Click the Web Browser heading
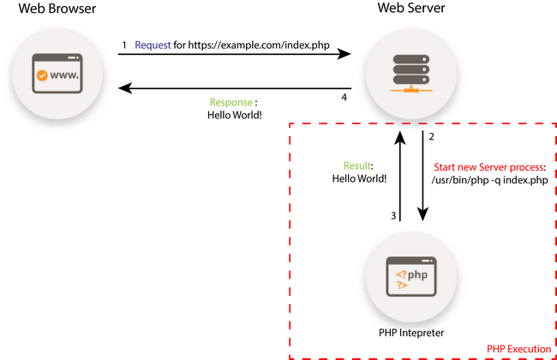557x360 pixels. pos(57,9)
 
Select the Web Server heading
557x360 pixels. pos(411,8)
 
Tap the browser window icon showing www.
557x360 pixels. pos(57,74)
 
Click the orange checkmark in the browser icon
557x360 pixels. pos(42,75)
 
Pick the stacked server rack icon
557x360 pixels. pos(411,73)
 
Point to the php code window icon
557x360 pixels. pos(411,277)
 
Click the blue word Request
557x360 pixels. pos(153,45)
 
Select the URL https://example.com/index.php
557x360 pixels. pos(259,45)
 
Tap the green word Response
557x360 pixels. pos(231,102)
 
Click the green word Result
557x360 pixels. pos(357,166)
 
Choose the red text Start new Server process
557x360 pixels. pos(488,167)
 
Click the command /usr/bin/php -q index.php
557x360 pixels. pos(489,180)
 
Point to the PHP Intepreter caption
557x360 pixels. pos(411,333)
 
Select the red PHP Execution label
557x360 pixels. pos(518,349)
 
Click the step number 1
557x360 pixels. pos(124,45)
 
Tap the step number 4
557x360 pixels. pos(344,98)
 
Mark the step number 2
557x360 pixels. pos(431,137)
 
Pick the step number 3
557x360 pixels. pos(393,216)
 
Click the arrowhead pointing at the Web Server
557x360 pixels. pos(344,54)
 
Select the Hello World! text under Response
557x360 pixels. pos(235,115)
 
